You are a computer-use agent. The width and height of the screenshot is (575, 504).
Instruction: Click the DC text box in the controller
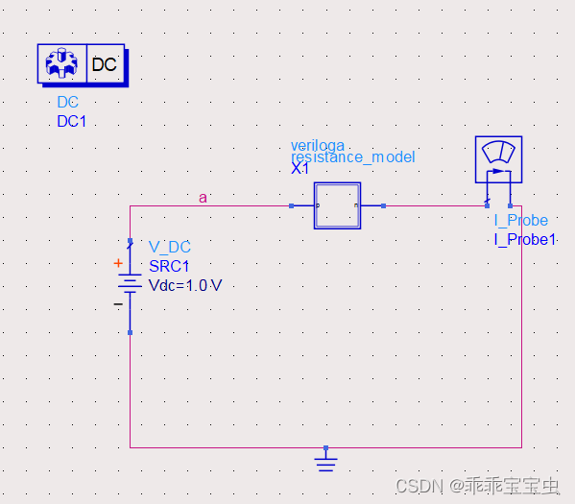click(x=105, y=65)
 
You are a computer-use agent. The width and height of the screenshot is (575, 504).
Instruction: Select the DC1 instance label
click(x=72, y=121)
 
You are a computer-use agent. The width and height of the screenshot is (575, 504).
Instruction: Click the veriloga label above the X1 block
click(x=318, y=145)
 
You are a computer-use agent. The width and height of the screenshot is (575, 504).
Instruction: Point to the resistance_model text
click(x=353, y=156)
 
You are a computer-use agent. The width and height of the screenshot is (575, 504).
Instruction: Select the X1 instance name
click(x=300, y=168)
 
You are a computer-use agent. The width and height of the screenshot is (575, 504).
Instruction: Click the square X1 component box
click(x=337, y=205)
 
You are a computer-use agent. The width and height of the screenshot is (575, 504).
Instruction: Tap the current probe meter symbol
click(x=498, y=159)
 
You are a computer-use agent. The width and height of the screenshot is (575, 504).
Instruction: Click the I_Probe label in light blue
click(x=520, y=221)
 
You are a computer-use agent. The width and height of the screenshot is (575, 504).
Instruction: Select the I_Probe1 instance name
click(x=525, y=239)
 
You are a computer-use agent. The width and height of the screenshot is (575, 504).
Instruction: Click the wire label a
click(x=203, y=198)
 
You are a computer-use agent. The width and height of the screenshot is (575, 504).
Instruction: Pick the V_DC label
click(x=170, y=248)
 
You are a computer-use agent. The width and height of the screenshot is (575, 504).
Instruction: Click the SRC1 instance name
click(x=169, y=266)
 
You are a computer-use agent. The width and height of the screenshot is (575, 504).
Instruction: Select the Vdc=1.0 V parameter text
click(x=184, y=285)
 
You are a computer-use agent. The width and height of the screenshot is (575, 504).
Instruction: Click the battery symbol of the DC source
click(x=130, y=284)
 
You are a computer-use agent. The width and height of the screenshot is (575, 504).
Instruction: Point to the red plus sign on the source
click(x=118, y=263)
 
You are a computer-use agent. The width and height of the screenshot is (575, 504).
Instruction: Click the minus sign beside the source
click(x=118, y=303)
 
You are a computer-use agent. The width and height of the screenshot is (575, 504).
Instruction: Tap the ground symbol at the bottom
click(x=326, y=464)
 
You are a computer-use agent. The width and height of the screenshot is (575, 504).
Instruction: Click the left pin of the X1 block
click(x=292, y=205)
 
